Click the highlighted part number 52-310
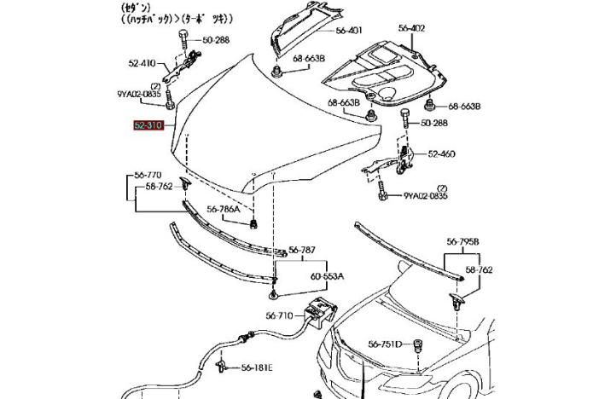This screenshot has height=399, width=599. (148, 125)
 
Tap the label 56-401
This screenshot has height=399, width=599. (349, 30)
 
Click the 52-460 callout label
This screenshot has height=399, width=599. (441, 154)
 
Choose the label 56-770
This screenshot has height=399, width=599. (148, 176)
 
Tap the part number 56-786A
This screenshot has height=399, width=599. (224, 208)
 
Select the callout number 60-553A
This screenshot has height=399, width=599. (327, 276)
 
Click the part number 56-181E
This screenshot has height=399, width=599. (255, 368)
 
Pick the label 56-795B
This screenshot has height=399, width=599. (462, 242)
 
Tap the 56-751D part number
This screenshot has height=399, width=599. (384, 344)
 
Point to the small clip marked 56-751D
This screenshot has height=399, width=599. (419, 344)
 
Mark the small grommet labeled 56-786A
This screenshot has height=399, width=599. (254, 223)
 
